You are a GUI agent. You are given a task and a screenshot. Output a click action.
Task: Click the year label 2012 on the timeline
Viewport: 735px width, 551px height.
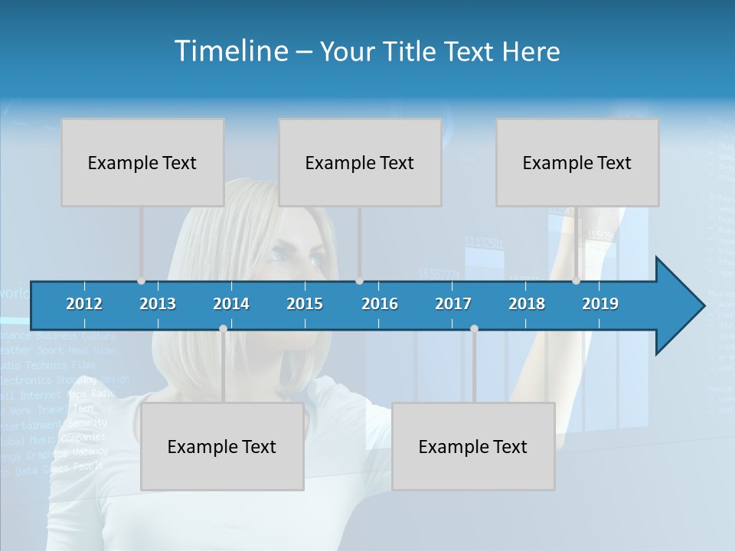[x=84, y=304]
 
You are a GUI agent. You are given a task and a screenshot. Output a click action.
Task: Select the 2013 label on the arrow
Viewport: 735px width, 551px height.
[x=158, y=304]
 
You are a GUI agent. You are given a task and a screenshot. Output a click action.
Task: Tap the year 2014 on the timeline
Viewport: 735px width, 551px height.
[x=231, y=304]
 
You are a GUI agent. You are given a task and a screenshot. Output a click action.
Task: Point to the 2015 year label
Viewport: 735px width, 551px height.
[x=305, y=304]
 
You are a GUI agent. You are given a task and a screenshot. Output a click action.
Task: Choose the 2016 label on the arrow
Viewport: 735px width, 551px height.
[x=380, y=304]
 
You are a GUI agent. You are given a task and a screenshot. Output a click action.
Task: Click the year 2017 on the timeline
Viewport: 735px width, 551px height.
[x=453, y=304]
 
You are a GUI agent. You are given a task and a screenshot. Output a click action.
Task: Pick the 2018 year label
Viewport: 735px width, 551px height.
[x=527, y=304]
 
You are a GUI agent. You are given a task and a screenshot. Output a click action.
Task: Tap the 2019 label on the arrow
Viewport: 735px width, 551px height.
[x=600, y=304]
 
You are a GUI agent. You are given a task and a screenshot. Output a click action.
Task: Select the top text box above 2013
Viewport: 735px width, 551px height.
[x=142, y=162]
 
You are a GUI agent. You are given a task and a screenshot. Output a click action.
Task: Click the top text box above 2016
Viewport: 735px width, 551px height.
[x=360, y=162]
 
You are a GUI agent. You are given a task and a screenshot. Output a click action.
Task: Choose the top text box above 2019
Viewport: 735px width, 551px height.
[x=577, y=162]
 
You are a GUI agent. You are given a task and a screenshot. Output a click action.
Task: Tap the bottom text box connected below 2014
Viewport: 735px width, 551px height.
[x=222, y=446]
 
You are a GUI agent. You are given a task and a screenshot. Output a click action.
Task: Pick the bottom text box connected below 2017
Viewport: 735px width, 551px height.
[x=473, y=446]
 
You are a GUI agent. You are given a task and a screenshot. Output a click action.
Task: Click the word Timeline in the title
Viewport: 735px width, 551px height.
[x=230, y=51]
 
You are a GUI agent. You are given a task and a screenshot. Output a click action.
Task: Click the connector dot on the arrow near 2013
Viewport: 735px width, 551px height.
[x=141, y=280]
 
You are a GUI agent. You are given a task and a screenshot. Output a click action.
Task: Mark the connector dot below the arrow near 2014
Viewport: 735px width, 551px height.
[x=223, y=329]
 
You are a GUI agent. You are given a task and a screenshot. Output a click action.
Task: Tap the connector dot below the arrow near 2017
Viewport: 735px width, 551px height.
[x=474, y=329]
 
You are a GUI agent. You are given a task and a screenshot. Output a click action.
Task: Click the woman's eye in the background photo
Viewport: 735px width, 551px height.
[x=315, y=260]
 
